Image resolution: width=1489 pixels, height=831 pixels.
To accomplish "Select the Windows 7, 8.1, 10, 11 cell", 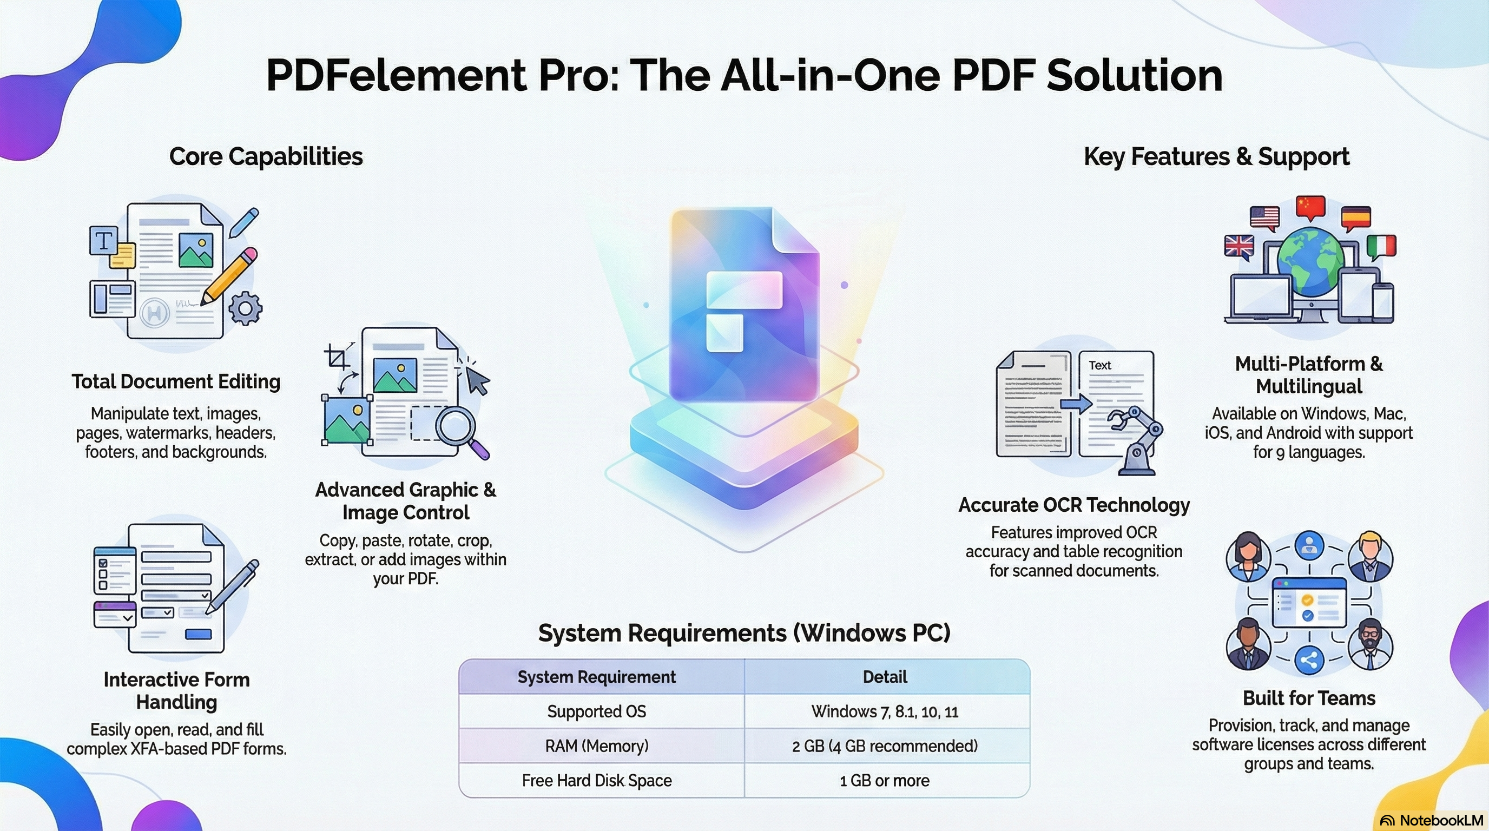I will (885, 711).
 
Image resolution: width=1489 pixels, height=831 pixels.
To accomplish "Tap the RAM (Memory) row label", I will (597, 746).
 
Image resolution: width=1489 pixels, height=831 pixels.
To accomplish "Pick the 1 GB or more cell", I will (885, 781).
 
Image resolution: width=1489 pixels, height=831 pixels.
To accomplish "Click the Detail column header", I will (885, 677).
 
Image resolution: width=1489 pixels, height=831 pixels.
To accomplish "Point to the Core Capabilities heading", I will (266, 156).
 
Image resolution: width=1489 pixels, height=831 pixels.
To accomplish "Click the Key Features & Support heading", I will (1216, 156).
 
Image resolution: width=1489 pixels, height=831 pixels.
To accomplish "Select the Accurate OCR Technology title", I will (1074, 505).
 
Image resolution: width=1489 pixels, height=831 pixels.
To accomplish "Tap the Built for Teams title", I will (1309, 698).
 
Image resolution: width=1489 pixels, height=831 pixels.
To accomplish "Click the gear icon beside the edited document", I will (245, 308).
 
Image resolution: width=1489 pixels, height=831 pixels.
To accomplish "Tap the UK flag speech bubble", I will (1238, 247).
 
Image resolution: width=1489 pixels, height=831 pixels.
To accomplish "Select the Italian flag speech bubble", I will (1381, 247).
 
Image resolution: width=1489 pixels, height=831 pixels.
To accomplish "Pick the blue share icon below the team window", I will (1309, 660).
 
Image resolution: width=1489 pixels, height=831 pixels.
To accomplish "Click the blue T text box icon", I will (103, 240).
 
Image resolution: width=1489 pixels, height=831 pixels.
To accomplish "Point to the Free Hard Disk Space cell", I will (597, 781).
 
